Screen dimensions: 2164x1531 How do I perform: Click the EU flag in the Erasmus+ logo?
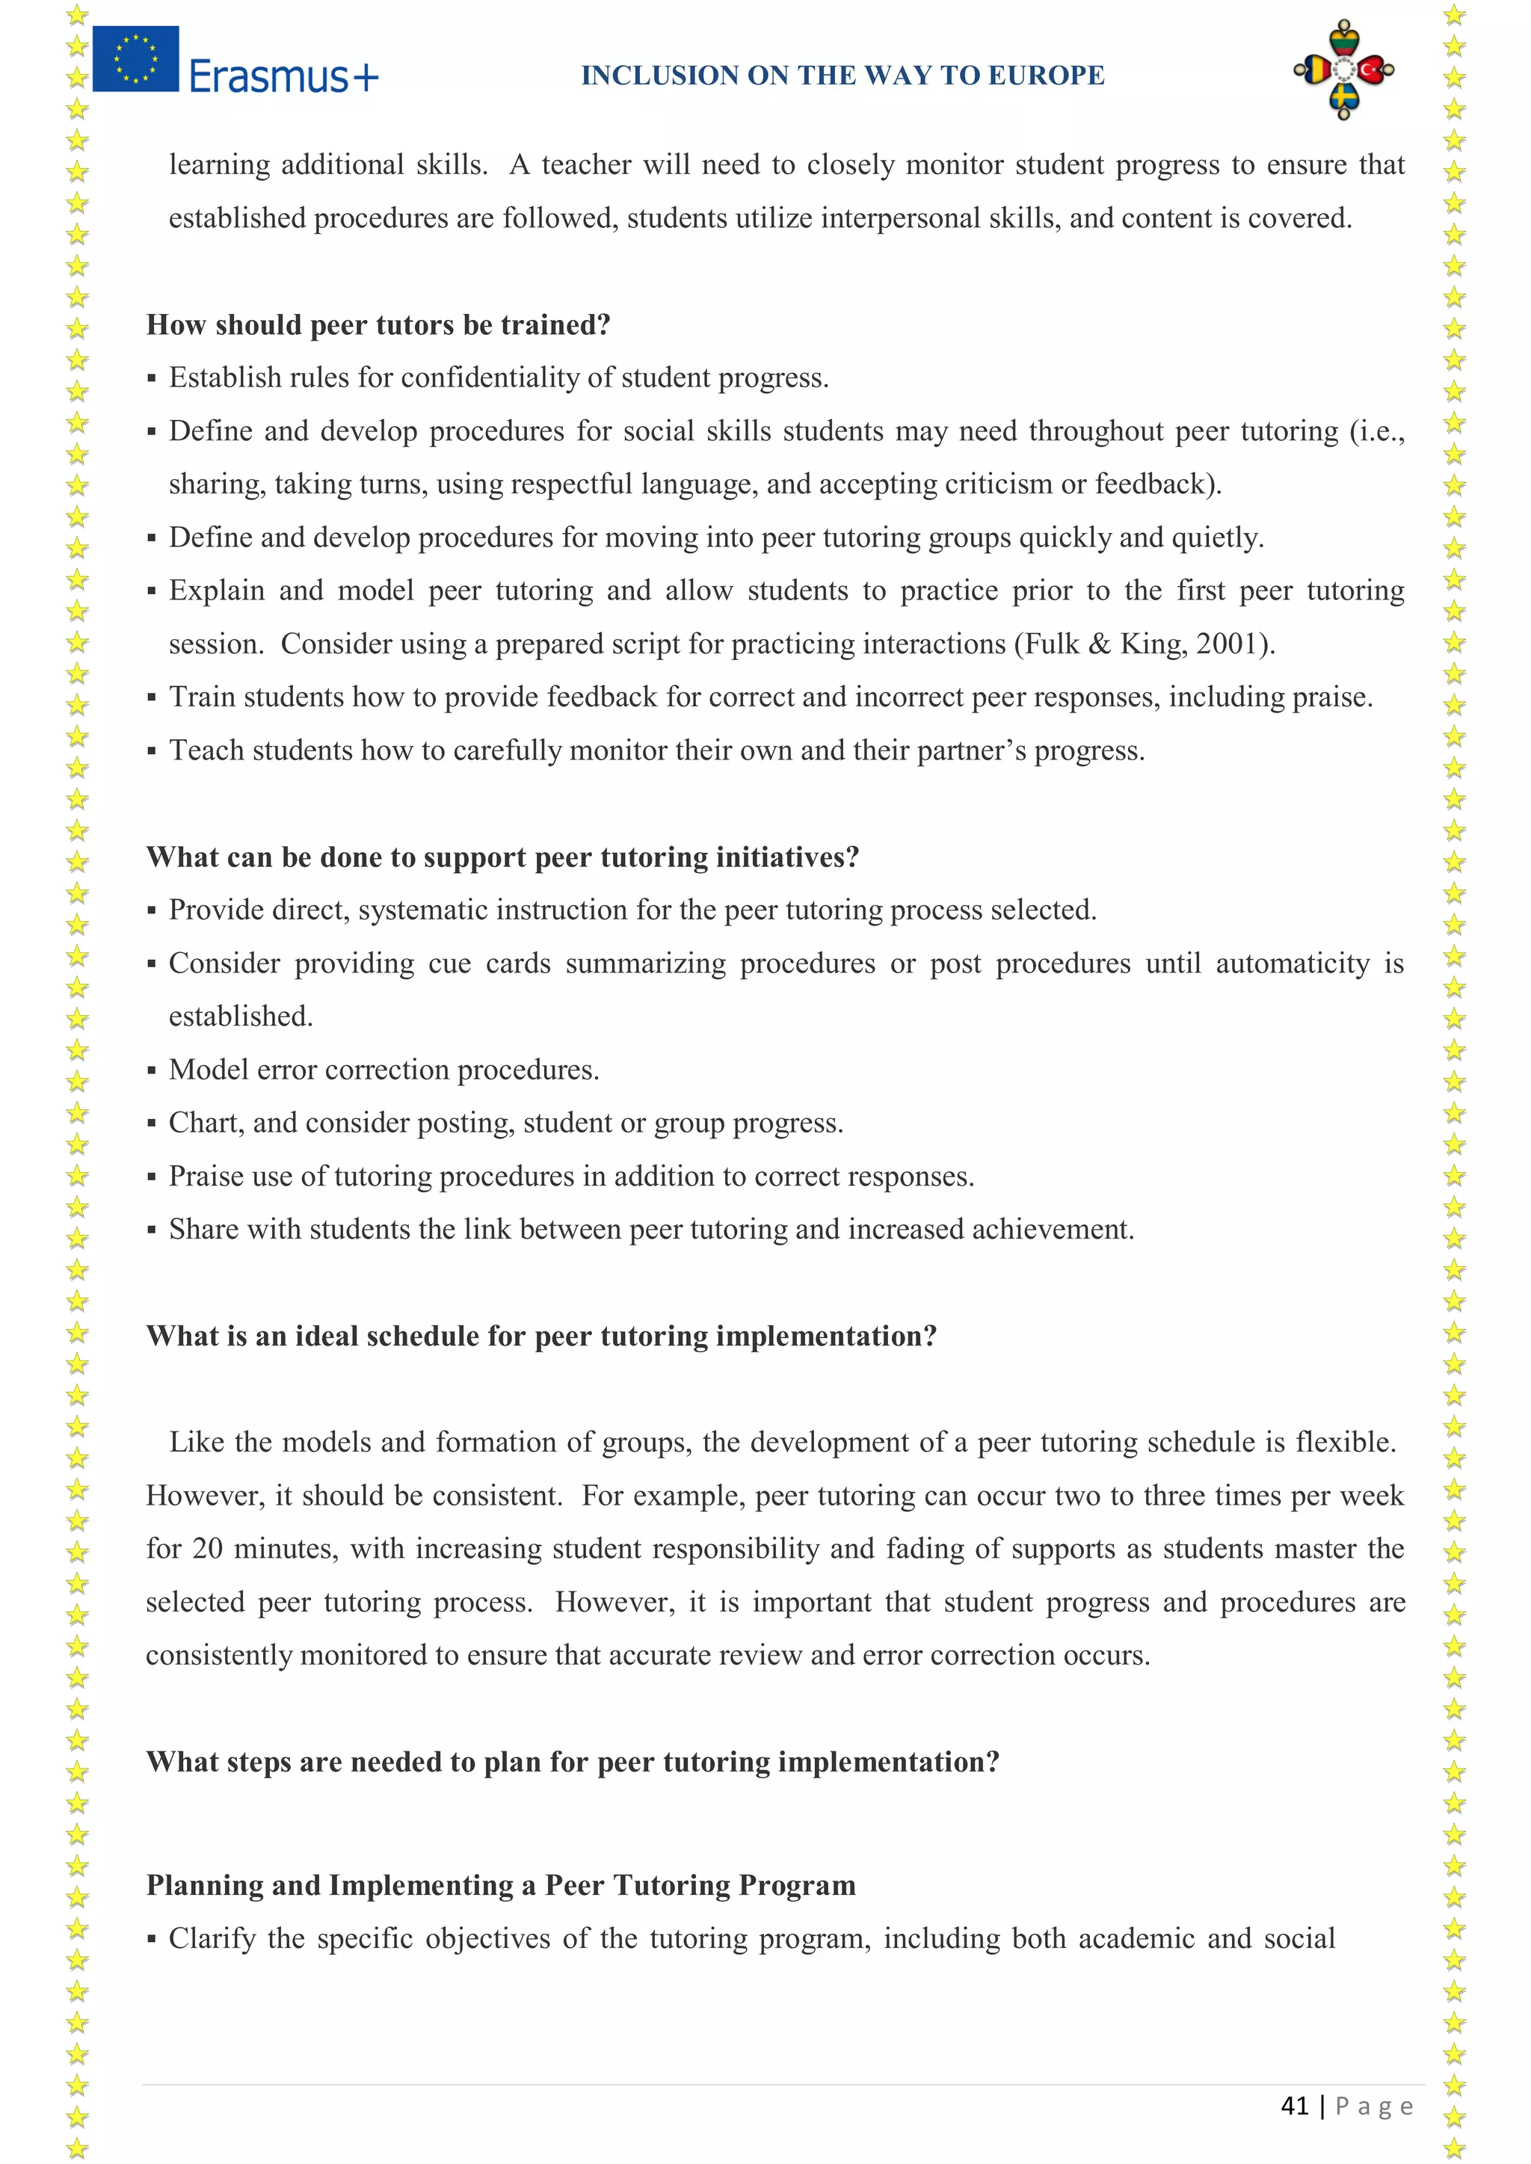(136, 58)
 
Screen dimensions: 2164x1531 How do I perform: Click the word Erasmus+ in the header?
(283, 76)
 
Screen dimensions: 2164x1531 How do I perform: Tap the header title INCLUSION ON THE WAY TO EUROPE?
(842, 75)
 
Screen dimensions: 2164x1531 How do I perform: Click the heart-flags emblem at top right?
(1343, 70)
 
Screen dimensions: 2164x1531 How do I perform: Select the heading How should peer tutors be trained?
(378, 325)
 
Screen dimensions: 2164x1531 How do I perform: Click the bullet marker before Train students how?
(152, 698)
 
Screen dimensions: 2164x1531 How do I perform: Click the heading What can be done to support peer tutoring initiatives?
(502, 857)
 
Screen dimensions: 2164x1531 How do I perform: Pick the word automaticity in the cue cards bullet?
(1292, 964)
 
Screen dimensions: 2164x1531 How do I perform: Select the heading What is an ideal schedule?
(541, 1337)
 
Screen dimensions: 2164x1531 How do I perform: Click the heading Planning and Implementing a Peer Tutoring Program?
(501, 1885)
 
